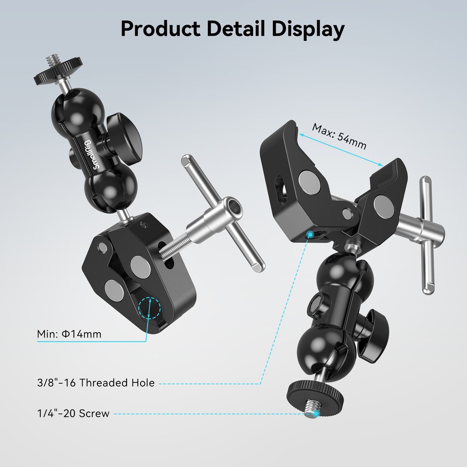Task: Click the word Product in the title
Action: pos(159,29)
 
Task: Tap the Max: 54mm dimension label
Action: pos(339,137)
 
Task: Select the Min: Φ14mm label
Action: pos(69,334)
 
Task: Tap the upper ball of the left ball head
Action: pos(73,109)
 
